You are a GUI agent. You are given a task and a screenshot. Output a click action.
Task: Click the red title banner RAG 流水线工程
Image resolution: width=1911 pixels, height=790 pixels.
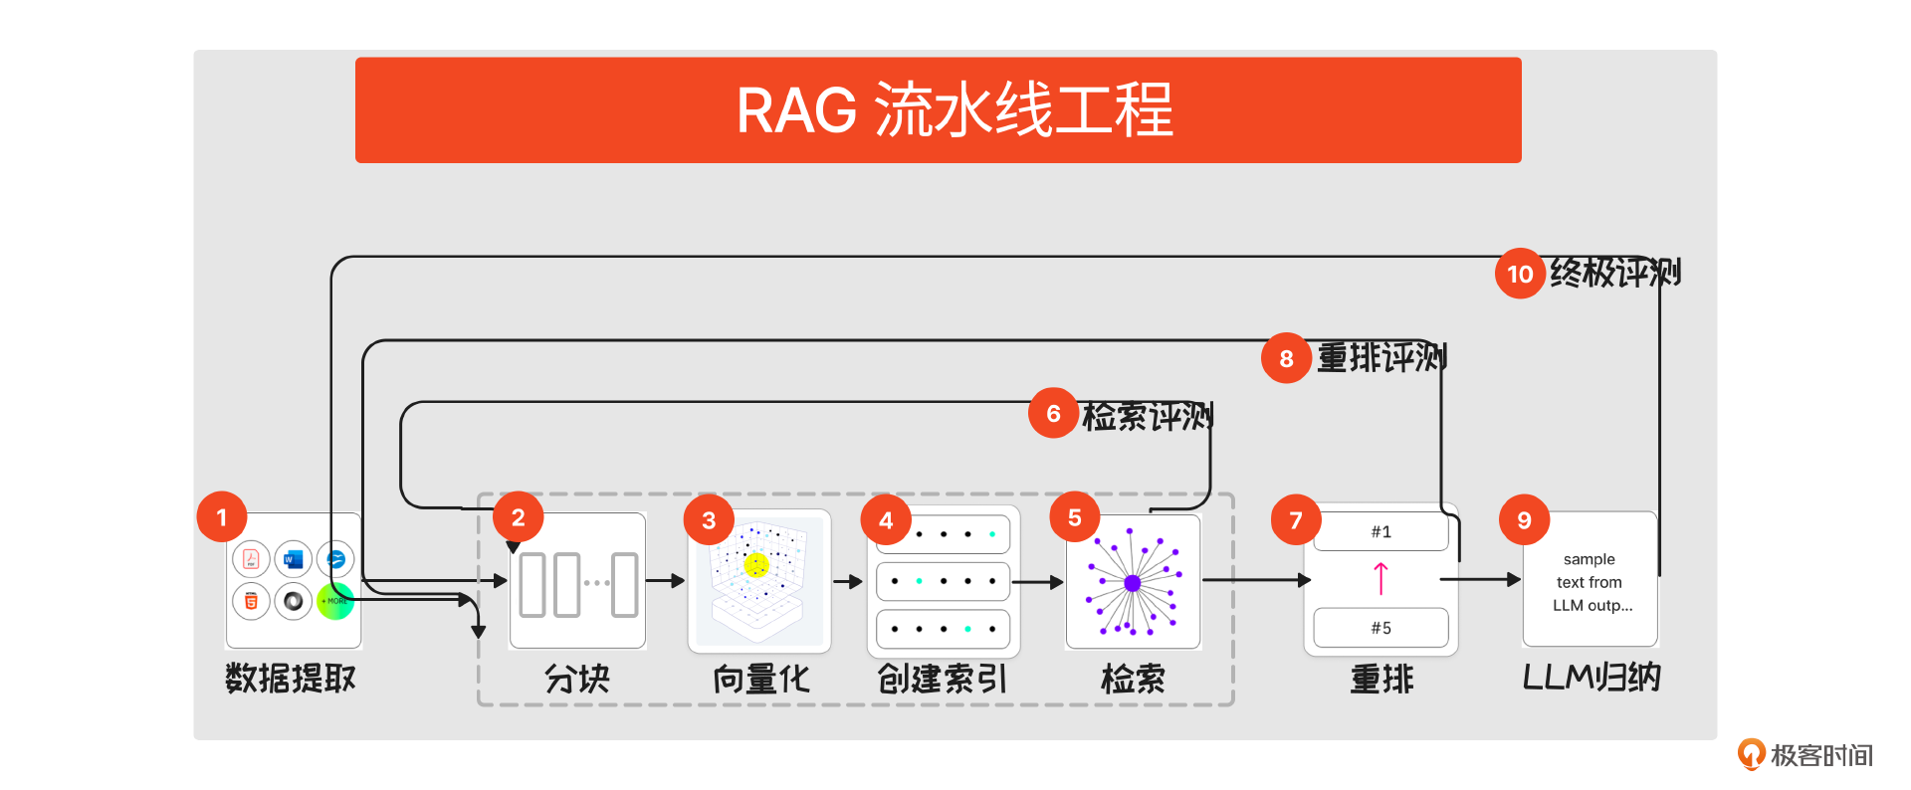(938, 109)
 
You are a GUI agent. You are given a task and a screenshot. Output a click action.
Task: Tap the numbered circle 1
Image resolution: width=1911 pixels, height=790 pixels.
(221, 516)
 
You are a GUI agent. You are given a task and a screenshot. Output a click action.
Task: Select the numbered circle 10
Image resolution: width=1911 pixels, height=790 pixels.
(1519, 274)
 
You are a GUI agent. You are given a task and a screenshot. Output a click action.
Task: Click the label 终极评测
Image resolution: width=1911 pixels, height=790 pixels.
(1614, 273)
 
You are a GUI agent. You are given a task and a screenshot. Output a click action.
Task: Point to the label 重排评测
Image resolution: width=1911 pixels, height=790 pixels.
(1381, 358)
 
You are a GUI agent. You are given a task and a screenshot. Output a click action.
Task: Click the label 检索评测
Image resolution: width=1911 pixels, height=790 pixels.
(1147, 416)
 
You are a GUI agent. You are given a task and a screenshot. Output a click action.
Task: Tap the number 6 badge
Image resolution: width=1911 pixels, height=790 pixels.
(1053, 413)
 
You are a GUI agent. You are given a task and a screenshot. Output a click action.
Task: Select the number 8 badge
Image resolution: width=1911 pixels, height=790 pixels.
(1286, 358)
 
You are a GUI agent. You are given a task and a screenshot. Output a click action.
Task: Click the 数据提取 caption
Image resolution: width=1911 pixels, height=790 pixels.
(290, 679)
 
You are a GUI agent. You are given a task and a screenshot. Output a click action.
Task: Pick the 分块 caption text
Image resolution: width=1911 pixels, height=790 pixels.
(576, 680)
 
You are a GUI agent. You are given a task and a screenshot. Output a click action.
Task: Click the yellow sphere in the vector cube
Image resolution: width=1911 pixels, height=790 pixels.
(756, 565)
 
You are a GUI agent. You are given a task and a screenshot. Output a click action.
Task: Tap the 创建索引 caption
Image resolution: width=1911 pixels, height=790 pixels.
(942, 680)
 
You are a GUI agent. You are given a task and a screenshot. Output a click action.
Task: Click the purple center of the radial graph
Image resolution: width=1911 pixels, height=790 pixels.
(1132, 583)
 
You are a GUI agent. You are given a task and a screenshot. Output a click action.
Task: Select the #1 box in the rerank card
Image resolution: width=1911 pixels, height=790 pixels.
(1380, 531)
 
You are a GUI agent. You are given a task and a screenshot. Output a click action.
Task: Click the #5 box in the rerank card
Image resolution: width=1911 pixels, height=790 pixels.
(1380, 628)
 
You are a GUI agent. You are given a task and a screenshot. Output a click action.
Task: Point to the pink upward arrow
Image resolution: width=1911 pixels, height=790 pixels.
(1380, 578)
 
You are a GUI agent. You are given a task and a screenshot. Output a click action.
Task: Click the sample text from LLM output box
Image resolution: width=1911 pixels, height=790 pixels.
(1590, 581)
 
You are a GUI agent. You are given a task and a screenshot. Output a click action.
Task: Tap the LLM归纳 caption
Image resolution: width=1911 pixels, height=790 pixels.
(1591, 678)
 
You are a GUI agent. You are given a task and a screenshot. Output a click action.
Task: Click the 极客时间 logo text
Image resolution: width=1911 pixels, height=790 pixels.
(1820, 755)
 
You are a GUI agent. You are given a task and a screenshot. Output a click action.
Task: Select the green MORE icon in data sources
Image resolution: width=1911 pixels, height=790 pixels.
(335, 601)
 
